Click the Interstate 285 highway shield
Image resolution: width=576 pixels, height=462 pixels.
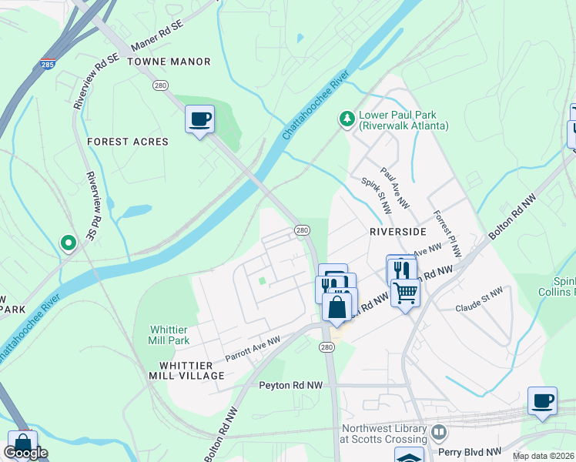tap(48, 65)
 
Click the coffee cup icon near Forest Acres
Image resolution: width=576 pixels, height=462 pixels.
tap(199, 119)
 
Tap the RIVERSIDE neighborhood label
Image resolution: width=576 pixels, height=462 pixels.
tap(397, 231)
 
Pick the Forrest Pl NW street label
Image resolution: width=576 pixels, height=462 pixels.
tap(447, 233)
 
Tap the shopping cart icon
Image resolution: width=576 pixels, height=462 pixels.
tap(405, 291)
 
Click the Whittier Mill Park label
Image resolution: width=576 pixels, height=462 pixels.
tap(169, 335)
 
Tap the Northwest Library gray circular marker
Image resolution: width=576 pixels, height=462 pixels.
tap(439, 432)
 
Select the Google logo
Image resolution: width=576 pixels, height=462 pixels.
tap(25, 453)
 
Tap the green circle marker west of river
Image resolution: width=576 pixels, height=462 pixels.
tap(69, 243)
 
